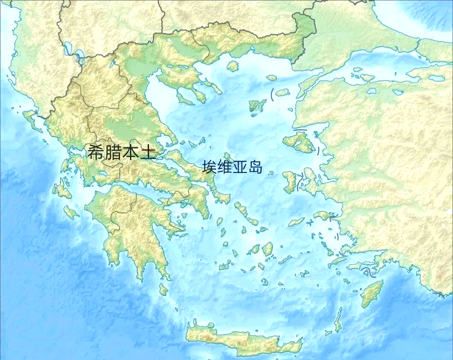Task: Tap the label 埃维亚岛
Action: pos(232,167)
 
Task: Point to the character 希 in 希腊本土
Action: pos(96,152)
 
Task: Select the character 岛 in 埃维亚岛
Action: pos(255,167)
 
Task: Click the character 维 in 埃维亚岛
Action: pos(225,167)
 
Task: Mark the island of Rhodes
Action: pos(372,293)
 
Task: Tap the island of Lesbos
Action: pos(299,142)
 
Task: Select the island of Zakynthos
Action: pos(71,212)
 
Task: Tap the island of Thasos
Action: pos(233,66)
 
